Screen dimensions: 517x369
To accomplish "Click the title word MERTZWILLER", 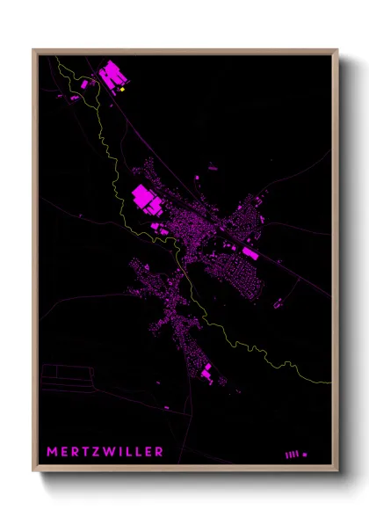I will point(105,452).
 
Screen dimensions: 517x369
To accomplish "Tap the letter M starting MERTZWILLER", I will point(52,452).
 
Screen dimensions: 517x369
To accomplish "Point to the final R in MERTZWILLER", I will point(159,452).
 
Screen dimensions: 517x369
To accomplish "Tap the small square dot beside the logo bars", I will point(305,455).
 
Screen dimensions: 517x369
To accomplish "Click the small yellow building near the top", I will point(123,89).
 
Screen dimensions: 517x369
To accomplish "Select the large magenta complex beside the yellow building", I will point(111,76).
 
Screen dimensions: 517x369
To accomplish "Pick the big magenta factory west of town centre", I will point(147,200).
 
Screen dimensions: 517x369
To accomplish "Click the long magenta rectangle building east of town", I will point(250,253).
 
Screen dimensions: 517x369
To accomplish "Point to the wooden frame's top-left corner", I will point(34,50).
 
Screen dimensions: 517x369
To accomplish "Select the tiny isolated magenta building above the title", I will point(166,408).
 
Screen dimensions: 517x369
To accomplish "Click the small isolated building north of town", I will point(212,166).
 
